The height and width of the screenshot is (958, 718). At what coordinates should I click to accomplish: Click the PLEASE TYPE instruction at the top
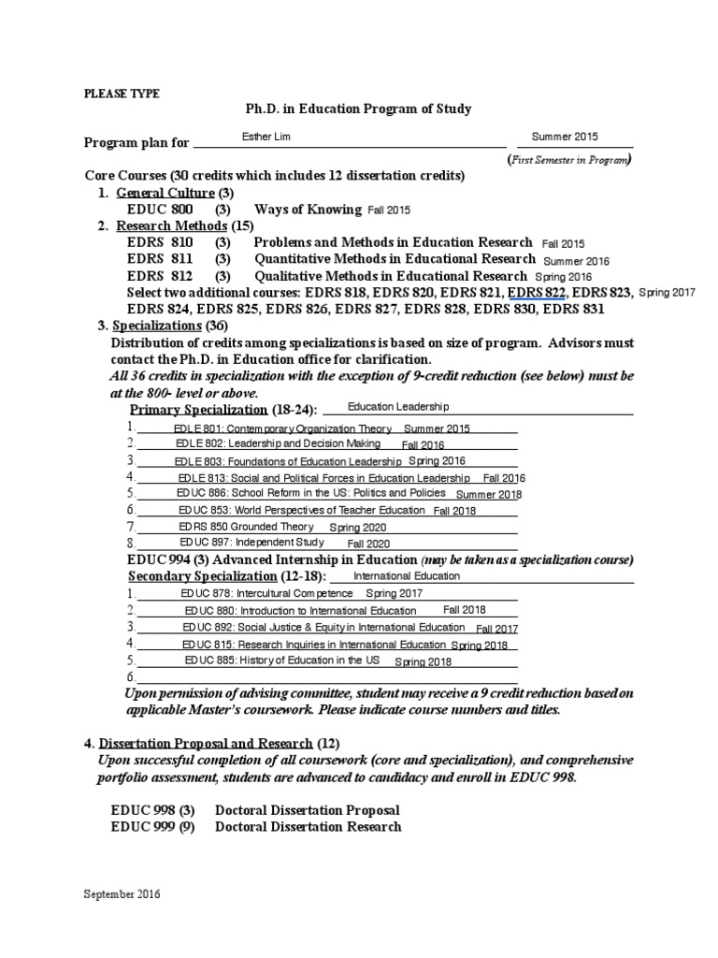pos(122,94)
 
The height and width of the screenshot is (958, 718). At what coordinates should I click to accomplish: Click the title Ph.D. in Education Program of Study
pos(358,109)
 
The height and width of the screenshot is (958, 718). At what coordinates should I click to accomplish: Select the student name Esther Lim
pos(266,137)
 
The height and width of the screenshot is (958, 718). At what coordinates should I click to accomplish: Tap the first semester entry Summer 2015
pos(565,137)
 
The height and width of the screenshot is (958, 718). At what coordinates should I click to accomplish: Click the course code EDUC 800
pos(160,210)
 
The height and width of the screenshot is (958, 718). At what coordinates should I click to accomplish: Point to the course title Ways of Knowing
pos(308,210)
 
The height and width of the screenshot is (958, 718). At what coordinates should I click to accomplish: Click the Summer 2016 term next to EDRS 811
pos(576,261)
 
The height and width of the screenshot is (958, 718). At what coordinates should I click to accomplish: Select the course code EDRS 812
pos(160,276)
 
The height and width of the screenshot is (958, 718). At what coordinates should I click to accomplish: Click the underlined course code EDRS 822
pos(537,293)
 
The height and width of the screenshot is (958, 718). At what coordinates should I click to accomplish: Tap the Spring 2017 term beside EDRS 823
pos(667,293)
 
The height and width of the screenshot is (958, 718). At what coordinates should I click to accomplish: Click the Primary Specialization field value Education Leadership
pos(398,407)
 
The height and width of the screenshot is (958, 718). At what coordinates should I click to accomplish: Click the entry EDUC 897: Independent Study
pos(252,543)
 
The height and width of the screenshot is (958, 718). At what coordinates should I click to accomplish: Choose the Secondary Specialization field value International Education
pos(407,576)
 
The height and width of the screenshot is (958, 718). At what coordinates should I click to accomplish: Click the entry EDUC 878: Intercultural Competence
pos(267,593)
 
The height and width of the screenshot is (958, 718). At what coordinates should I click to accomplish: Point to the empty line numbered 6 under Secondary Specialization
pos(327,677)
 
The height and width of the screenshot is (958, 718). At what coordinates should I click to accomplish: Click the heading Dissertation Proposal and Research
pos(207,744)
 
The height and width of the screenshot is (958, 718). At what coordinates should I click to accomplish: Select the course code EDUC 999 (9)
pos(152,826)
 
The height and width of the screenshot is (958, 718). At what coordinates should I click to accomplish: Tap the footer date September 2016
pos(122,894)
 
